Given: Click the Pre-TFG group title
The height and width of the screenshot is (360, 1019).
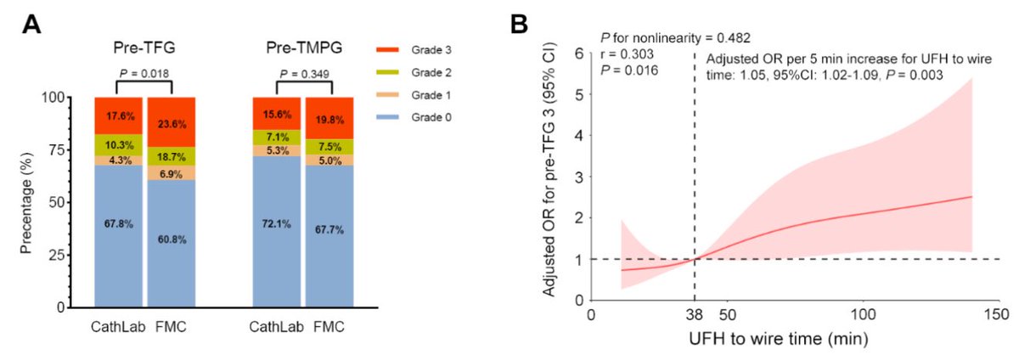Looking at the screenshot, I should pyautogui.click(x=144, y=48).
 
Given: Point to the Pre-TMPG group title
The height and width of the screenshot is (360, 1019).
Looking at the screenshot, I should pyautogui.click(x=304, y=48).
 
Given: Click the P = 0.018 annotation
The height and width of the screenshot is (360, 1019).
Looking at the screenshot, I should pyautogui.click(x=144, y=74).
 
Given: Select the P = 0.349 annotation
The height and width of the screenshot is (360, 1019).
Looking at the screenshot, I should pyautogui.click(x=304, y=74).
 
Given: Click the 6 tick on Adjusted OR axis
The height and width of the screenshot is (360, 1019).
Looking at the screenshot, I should pyautogui.click(x=577, y=53).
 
